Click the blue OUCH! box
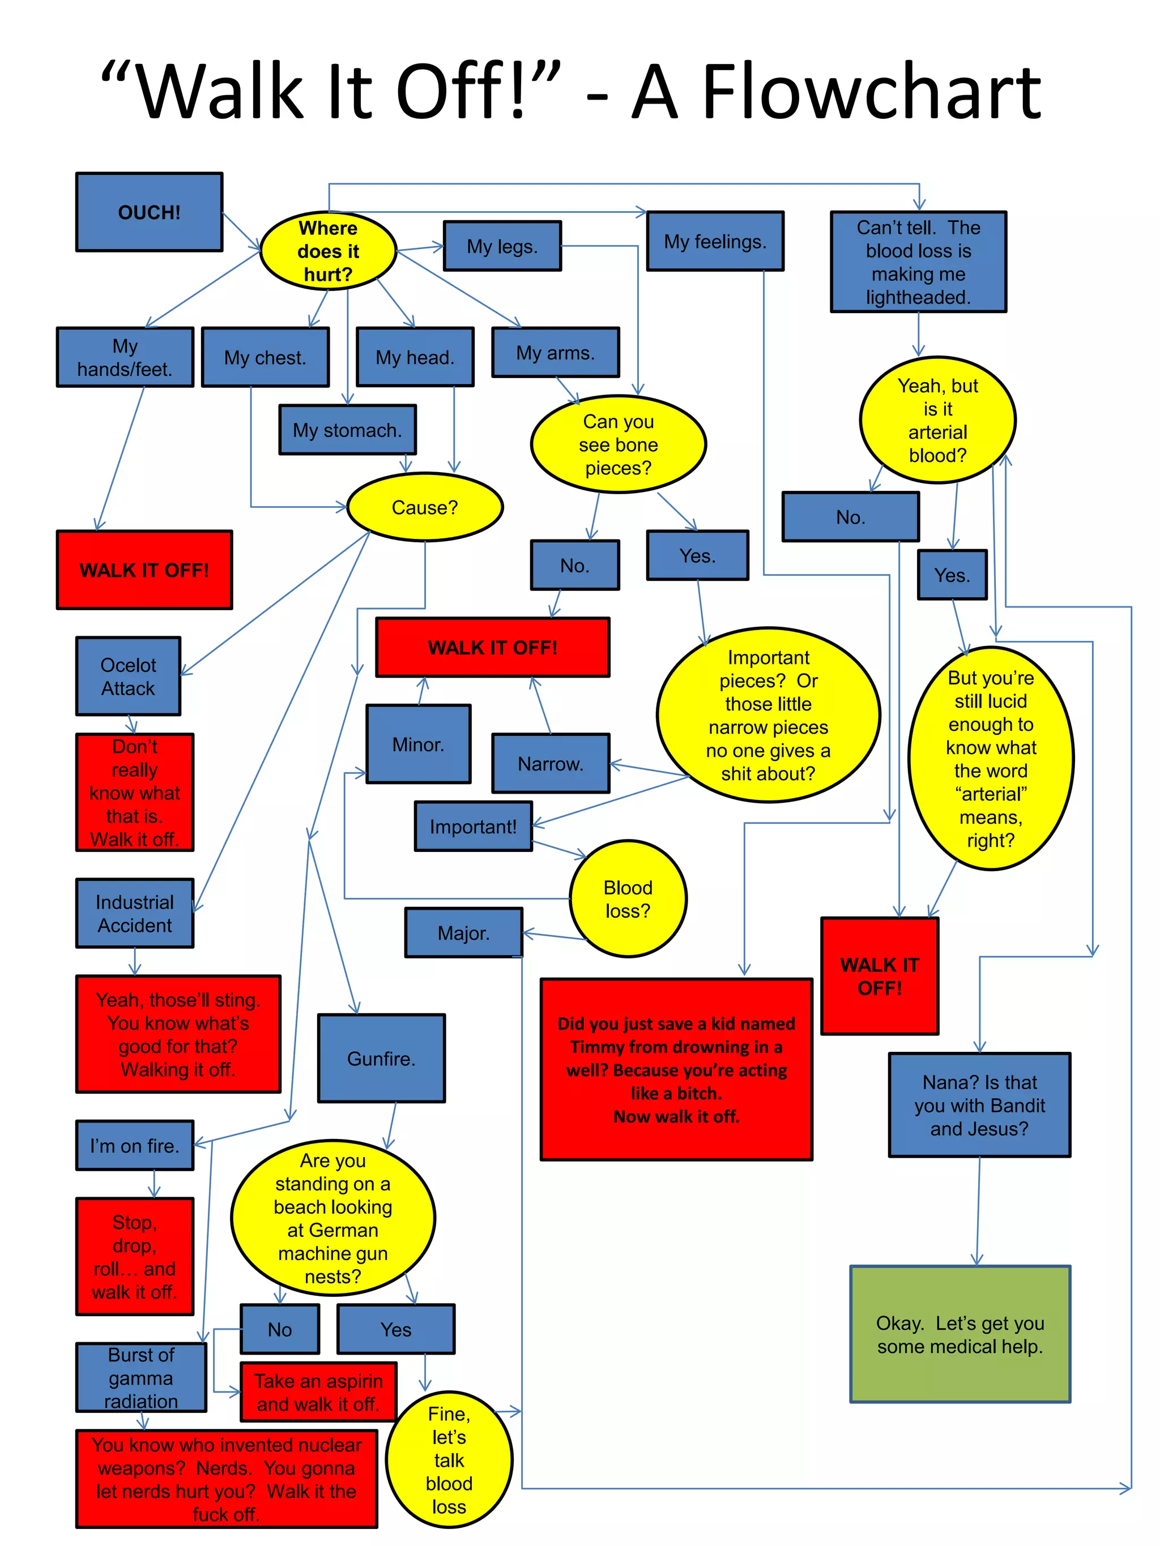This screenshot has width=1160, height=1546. (149, 212)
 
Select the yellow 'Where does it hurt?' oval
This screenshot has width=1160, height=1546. (328, 251)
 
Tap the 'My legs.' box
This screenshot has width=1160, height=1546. (502, 246)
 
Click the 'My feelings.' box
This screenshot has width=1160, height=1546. (715, 241)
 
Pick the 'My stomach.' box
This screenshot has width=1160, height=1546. (347, 430)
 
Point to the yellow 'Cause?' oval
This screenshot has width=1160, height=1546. (424, 507)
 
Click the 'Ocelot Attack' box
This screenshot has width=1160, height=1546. (128, 676)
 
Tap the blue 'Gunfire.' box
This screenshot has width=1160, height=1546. (381, 1058)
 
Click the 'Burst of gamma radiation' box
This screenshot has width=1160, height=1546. (140, 1377)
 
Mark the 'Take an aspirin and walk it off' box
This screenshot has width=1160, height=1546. (318, 1391)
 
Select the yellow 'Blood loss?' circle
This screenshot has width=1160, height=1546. (627, 899)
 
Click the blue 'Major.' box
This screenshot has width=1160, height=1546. (463, 932)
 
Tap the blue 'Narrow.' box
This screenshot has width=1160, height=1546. (551, 763)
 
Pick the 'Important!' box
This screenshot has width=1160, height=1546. (473, 826)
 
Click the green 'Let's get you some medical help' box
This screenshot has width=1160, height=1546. (959, 1334)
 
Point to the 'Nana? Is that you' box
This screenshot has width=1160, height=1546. (979, 1105)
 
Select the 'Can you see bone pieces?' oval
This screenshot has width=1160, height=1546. (618, 444)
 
